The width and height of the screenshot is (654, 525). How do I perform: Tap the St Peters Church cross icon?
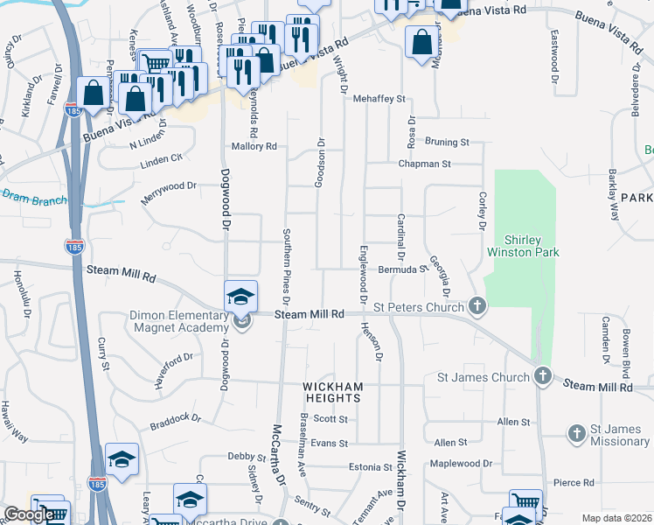pos(477,306)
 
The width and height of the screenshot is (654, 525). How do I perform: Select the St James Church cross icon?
pos(543,377)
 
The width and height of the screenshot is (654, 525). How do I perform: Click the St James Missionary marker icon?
pos(576,433)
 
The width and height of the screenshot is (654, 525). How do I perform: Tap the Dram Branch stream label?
pos(34,198)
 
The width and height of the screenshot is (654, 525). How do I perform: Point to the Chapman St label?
pos(424,164)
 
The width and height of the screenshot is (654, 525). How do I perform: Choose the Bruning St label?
pos(447,142)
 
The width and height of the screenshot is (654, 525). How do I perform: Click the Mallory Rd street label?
pos(254,147)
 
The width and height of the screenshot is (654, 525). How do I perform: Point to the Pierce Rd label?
pos(574,482)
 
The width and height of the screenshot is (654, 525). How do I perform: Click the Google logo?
pos(28,515)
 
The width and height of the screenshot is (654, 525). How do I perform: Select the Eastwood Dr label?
pos(555,52)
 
